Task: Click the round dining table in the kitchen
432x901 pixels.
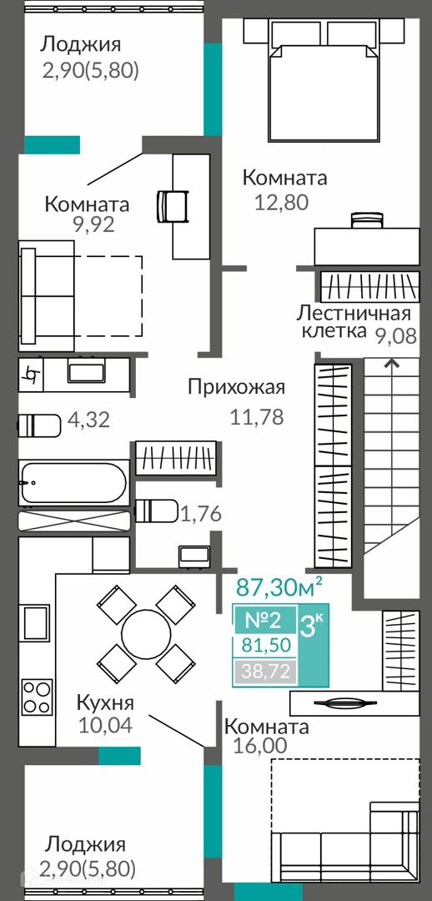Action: pos(146,634)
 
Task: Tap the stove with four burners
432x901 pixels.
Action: pos(37,697)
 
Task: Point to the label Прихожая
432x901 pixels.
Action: pos(236,387)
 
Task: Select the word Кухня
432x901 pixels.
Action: pos(105,702)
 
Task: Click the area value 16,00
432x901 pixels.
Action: pos(260,745)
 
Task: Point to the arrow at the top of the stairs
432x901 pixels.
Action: pos(392,363)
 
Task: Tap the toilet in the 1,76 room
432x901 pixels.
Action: pos(156,511)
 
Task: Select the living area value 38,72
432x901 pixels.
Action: pos(264,669)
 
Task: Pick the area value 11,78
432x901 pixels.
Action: pos(257,416)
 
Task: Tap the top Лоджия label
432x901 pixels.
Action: pos(81,45)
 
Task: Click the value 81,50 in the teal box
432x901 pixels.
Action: pos(264,645)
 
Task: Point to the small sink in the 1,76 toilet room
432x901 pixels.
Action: pos(193,556)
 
